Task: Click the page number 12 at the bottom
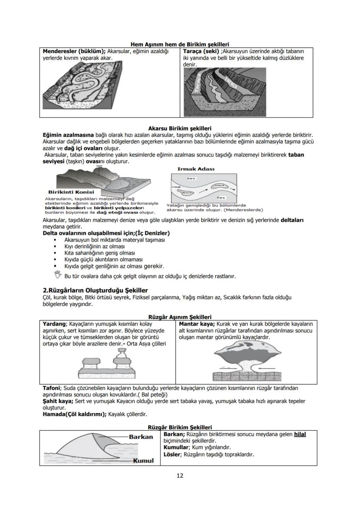pyautogui.click(x=180, y=476)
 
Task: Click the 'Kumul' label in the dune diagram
pyautogui.click(x=144, y=461)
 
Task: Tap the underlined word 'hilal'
pyautogui.click(x=300, y=434)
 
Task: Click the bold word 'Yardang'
pyautogui.click(x=54, y=324)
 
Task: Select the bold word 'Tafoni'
pyautogui.click(x=51, y=388)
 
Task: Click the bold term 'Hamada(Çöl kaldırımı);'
pyautogui.click(x=74, y=414)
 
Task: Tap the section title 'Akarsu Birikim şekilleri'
pyautogui.click(x=180, y=129)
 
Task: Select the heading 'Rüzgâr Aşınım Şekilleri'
pyautogui.click(x=180, y=317)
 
